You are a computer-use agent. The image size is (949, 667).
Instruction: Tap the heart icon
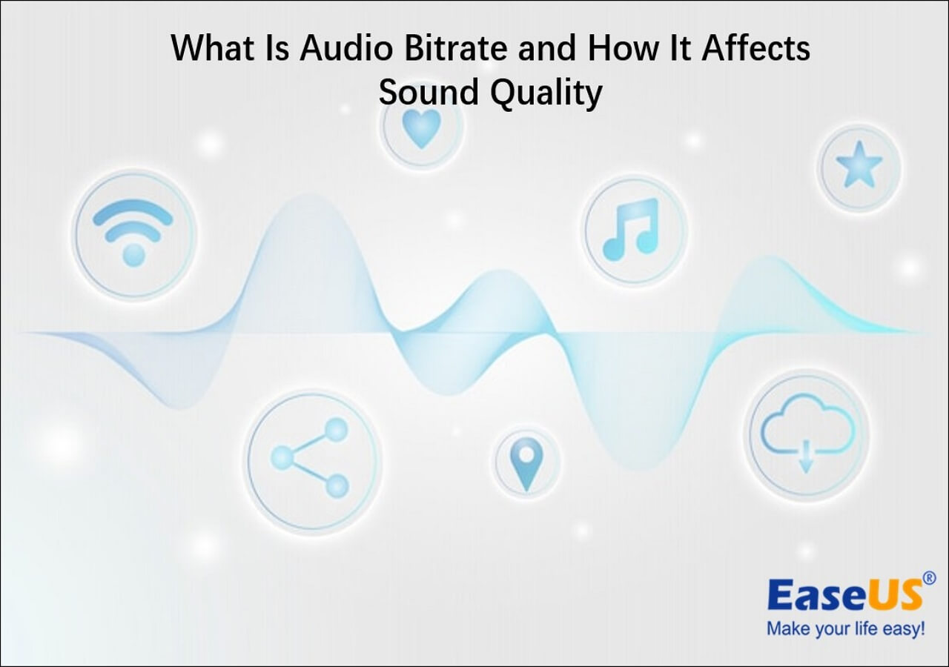coord(421,127)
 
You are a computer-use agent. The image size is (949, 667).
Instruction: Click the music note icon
coord(632,229)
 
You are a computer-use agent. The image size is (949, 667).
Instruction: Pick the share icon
coord(310,458)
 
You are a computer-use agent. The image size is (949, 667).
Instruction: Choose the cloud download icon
coord(807,435)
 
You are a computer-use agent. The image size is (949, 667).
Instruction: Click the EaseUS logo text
coord(844,595)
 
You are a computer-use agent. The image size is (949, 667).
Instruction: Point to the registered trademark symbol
coord(929,577)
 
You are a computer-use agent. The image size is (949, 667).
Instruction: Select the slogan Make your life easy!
coord(846,629)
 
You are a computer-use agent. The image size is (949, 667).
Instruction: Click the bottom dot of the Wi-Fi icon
coord(133,256)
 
